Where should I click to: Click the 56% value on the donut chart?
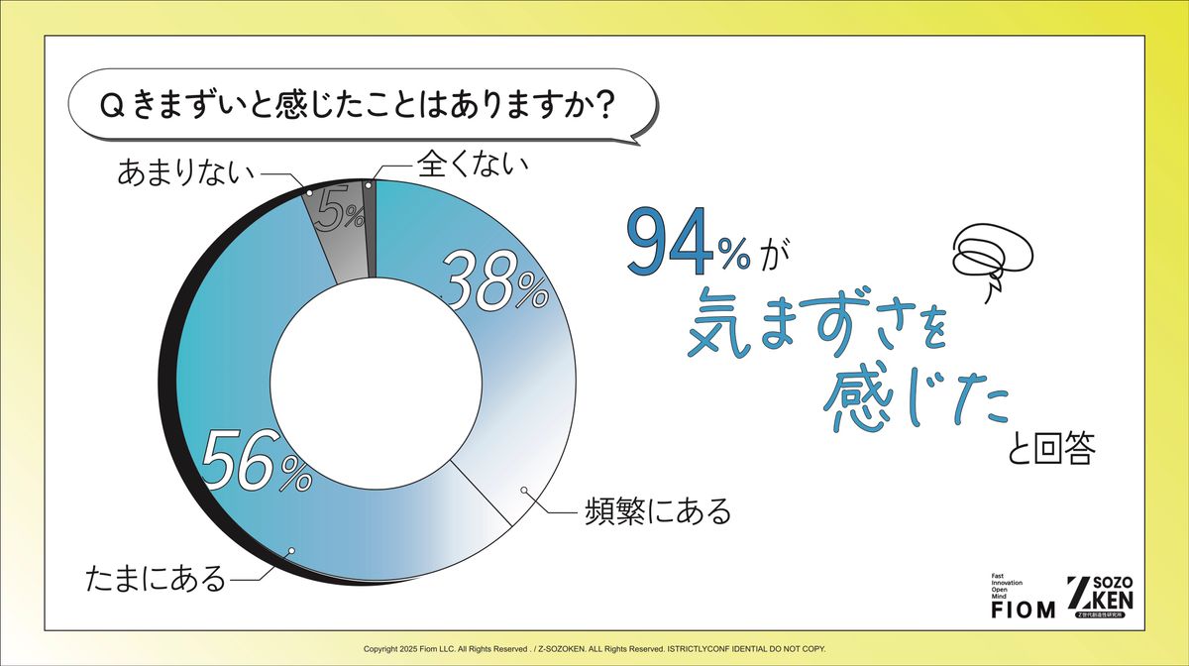click(258, 461)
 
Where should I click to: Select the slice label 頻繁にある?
click(658, 512)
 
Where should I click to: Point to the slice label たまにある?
click(156, 579)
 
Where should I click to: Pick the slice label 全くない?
click(473, 165)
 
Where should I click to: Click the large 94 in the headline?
click(670, 241)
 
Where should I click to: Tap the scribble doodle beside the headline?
click(992, 257)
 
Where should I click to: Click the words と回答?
click(1051, 448)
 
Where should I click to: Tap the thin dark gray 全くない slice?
click(371, 228)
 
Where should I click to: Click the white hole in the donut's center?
click(377, 383)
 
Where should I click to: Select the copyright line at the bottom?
click(594, 649)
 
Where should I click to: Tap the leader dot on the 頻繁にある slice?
click(524, 490)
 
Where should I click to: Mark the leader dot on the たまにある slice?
click(290, 550)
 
